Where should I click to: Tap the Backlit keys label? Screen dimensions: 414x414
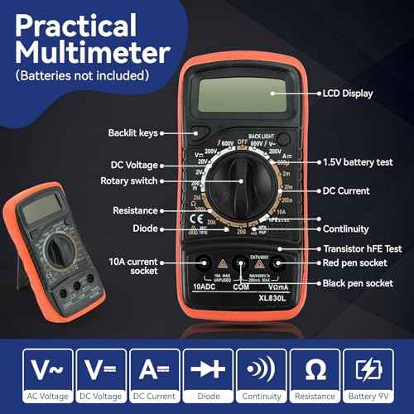tap(132, 132)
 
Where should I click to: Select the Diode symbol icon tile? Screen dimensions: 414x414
tap(208, 371)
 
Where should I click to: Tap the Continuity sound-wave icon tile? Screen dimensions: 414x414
tap(262, 371)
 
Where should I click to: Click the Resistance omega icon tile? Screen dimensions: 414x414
tap(316, 371)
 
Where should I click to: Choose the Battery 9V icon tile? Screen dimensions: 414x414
tap(370, 371)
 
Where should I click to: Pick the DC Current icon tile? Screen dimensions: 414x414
tap(154, 371)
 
